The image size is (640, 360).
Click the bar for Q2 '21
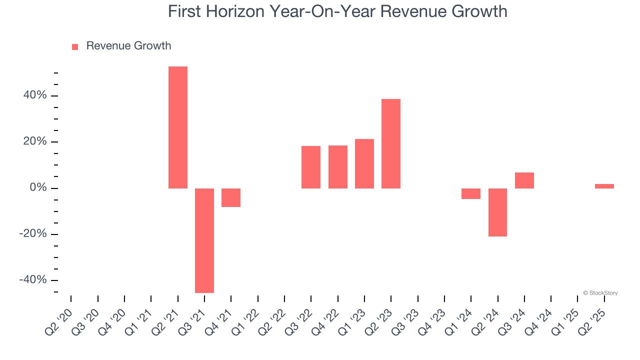coord(177,127)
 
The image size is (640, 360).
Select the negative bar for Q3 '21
coord(204,240)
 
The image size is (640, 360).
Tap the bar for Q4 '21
coord(231,197)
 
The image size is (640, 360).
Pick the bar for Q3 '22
coord(311,167)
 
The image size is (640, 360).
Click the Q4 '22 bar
coord(338,167)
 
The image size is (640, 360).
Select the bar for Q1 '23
coord(364,163)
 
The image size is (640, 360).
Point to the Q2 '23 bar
coord(391,143)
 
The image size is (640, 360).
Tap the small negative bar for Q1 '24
coord(471,193)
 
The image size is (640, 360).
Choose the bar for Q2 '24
coord(498,212)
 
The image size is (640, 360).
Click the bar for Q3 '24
coord(524,180)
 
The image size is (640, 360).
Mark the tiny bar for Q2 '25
coord(604,186)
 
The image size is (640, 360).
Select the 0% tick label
coord(39,188)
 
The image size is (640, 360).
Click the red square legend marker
coord(75,46)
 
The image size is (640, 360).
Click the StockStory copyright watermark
coord(600,293)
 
